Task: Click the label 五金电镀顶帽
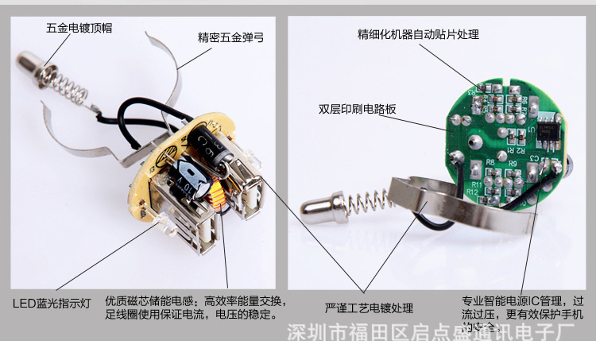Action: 79,27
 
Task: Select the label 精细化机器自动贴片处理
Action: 418,34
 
